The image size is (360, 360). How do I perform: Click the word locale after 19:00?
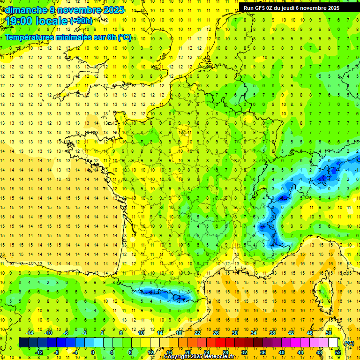click(x=52, y=21)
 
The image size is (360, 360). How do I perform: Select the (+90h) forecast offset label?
click(x=81, y=21)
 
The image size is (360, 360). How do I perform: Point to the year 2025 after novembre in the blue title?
click(x=112, y=10)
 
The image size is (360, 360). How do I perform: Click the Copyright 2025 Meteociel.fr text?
click(x=199, y=356)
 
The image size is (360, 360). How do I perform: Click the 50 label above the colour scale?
click(x=328, y=333)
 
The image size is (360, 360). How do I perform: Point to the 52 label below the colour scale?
click(x=337, y=352)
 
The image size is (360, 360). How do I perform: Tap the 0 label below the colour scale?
click(x=92, y=352)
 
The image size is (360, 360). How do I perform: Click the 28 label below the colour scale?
click(x=225, y=352)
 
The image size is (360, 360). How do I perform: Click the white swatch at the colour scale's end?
click(x=333, y=343)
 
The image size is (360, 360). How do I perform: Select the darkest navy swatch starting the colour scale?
click(x=23, y=343)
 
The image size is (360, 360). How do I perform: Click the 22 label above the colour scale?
click(x=197, y=333)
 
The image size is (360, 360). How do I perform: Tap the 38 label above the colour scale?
click(x=272, y=333)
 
